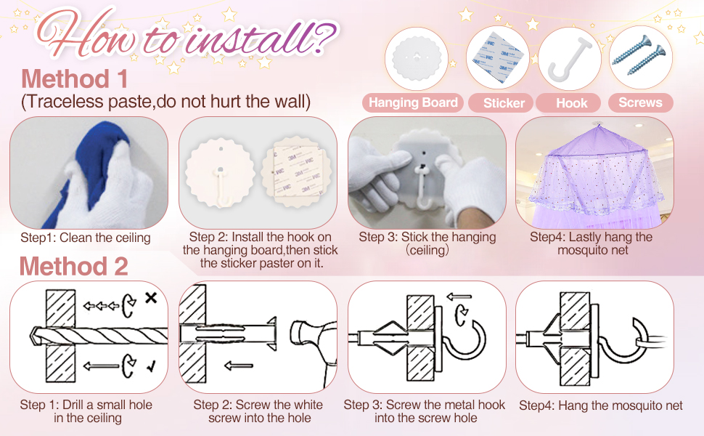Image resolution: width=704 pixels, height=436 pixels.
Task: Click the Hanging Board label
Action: (x=413, y=102)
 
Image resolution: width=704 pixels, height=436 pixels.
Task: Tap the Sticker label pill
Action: (x=504, y=103)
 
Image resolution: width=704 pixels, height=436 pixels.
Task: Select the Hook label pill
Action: (x=571, y=103)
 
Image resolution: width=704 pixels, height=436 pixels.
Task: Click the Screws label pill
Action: (x=640, y=102)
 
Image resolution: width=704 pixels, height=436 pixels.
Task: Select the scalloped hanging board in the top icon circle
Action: (x=416, y=59)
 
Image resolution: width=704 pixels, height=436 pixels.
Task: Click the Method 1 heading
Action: (x=75, y=78)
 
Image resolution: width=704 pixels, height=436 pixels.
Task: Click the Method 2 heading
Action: (x=73, y=266)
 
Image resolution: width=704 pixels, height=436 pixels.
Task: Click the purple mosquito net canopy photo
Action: (x=594, y=173)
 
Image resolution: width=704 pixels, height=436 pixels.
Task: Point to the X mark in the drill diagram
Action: (x=151, y=297)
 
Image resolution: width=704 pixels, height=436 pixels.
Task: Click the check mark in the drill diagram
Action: (x=151, y=367)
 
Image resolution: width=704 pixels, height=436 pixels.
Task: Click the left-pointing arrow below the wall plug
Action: (x=238, y=366)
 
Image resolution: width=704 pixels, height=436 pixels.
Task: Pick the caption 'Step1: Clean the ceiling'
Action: (x=86, y=238)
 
